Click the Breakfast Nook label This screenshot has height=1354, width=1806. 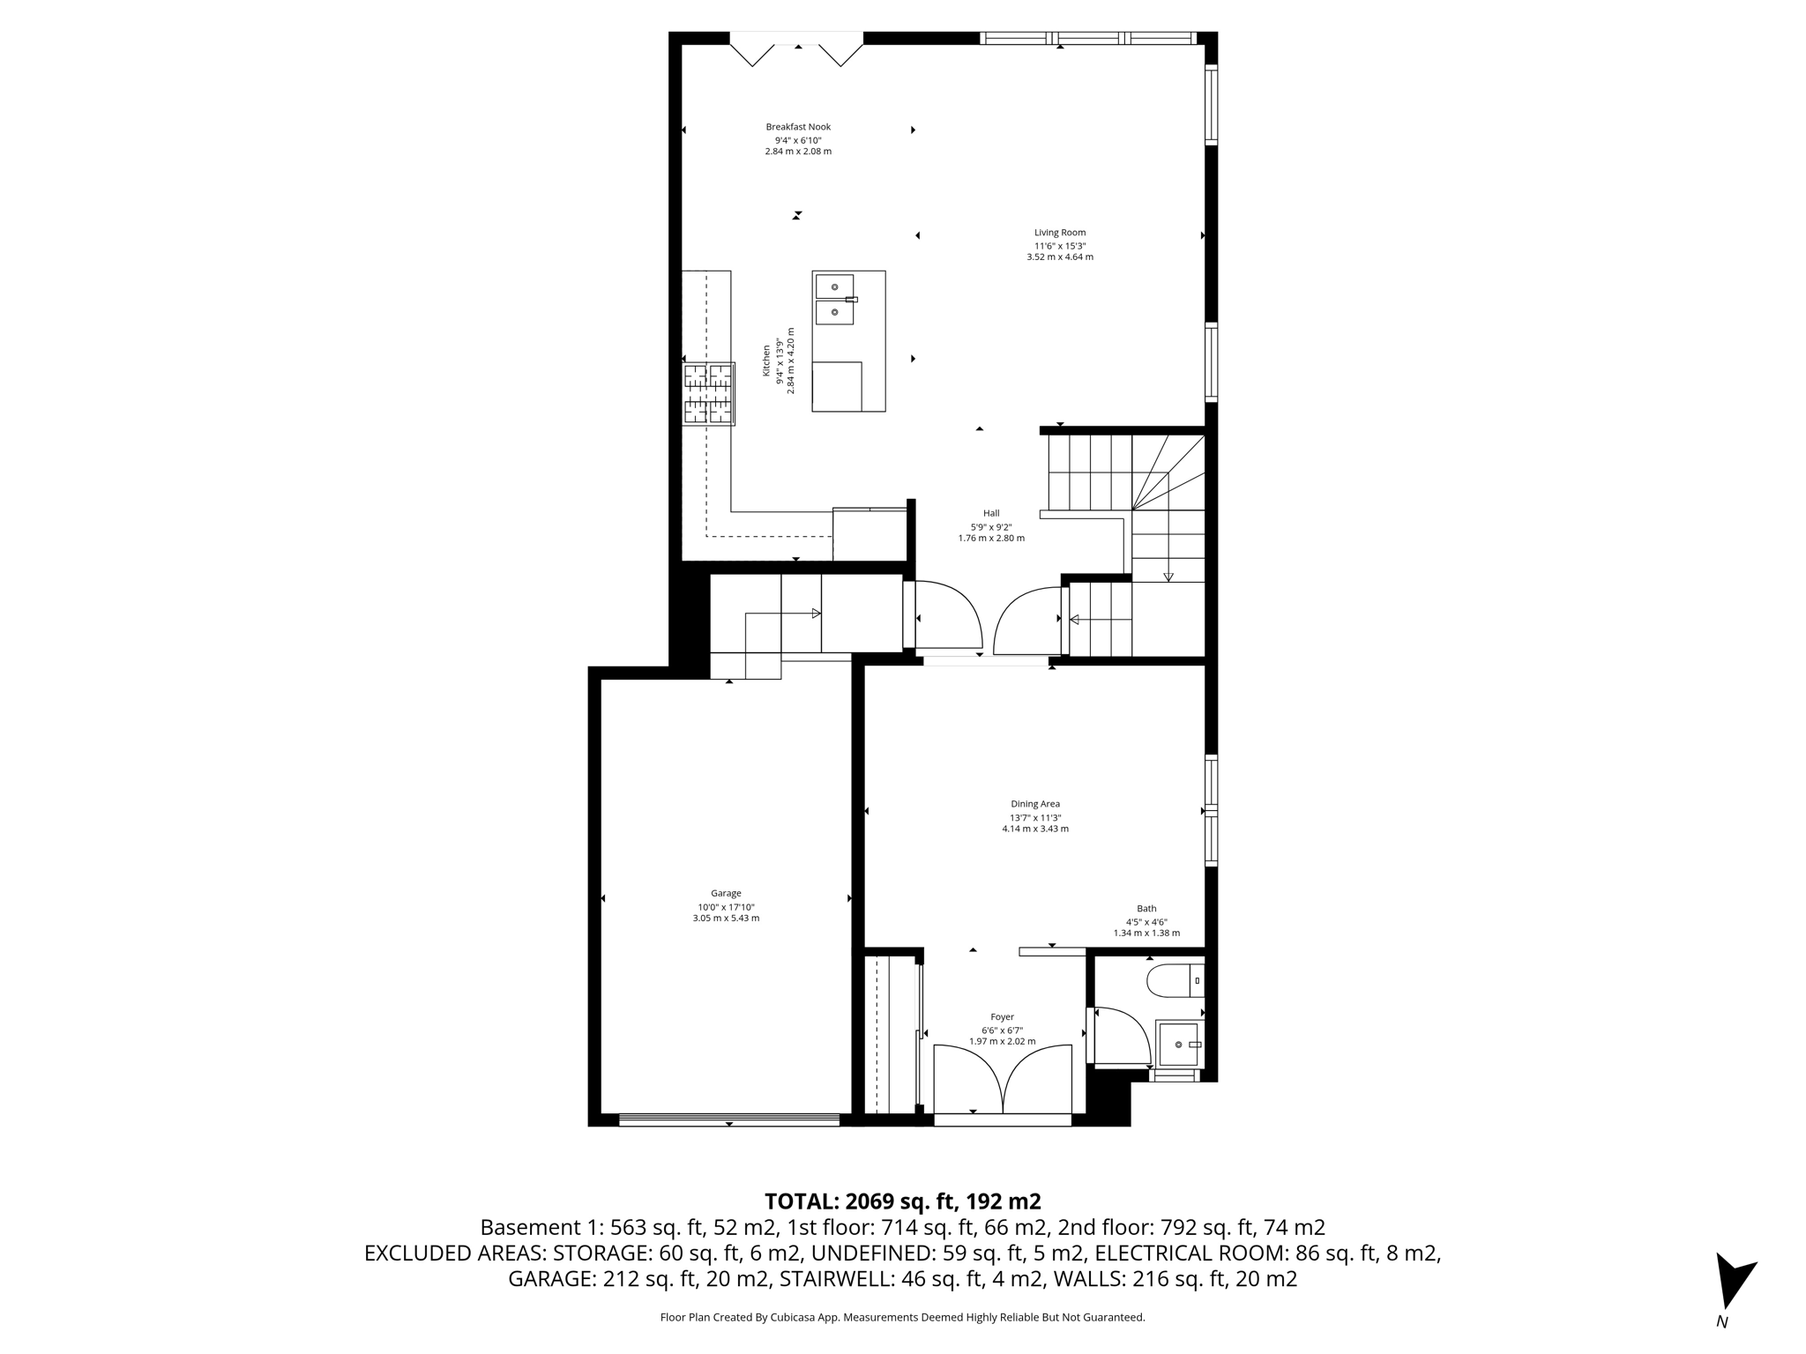tap(798, 127)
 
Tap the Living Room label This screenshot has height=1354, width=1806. tap(1060, 233)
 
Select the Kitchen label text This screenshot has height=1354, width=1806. tap(766, 361)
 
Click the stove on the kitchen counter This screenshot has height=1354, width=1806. tap(709, 393)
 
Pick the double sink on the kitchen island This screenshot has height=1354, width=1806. tap(834, 300)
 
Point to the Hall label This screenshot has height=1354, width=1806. tap(991, 513)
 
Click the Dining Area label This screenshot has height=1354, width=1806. tap(1035, 804)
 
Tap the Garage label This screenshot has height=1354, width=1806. tap(726, 893)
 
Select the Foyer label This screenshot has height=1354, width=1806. tap(1002, 1016)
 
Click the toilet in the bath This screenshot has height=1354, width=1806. tap(1173, 980)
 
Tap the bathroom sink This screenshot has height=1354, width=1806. tap(1179, 1044)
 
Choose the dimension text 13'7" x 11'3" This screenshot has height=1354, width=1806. tap(1035, 817)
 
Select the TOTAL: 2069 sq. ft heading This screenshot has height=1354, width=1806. tap(902, 1201)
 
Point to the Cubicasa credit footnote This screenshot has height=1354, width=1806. tap(902, 1318)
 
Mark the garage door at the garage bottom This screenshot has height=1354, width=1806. tap(728, 1120)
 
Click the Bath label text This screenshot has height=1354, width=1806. tap(1146, 909)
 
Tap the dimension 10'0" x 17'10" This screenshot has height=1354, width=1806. tap(726, 907)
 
